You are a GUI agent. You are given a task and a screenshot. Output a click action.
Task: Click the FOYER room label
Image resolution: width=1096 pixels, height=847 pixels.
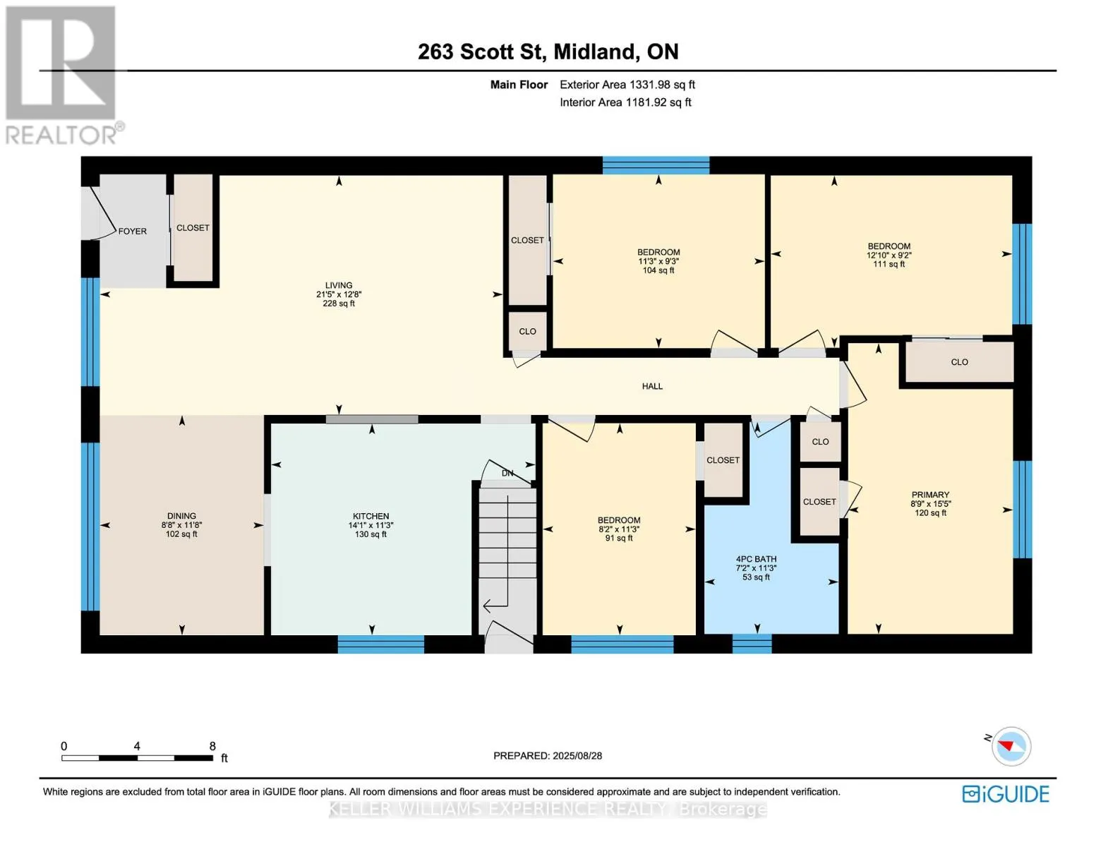pyautogui.click(x=132, y=232)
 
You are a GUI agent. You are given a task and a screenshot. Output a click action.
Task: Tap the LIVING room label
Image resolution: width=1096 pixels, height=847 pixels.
pyautogui.click(x=339, y=286)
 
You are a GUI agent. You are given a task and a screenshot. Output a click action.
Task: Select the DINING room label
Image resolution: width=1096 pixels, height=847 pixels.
pyautogui.click(x=181, y=516)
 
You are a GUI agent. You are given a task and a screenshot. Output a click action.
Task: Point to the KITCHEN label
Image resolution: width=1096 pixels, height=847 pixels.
pyautogui.click(x=371, y=516)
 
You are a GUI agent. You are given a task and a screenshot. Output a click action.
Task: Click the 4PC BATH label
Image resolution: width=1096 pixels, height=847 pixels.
pyautogui.click(x=756, y=559)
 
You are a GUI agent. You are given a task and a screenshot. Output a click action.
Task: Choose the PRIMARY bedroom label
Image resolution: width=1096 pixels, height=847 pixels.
pyautogui.click(x=930, y=495)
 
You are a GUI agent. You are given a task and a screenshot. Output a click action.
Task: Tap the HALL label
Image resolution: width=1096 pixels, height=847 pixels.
pyautogui.click(x=652, y=386)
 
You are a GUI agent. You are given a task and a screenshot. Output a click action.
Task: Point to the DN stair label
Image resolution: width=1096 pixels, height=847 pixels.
pyautogui.click(x=507, y=473)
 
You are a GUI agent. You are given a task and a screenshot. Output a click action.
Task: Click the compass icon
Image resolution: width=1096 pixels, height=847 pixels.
pyautogui.click(x=1011, y=747)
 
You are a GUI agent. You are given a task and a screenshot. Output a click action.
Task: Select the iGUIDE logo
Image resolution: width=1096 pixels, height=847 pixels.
pyautogui.click(x=1006, y=794)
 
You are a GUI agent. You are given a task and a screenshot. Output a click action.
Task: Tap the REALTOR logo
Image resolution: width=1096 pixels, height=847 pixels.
pyautogui.click(x=63, y=76)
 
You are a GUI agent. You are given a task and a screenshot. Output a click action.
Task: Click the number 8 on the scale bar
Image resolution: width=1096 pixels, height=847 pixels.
pyautogui.click(x=212, y=746)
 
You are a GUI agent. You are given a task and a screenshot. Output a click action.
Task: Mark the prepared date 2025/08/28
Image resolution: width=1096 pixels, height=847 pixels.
pyautogui.click(x=577, y=756)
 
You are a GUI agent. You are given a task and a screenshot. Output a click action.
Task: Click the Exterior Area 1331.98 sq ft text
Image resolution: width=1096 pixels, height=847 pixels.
pyautogui.click(x=627, y=85)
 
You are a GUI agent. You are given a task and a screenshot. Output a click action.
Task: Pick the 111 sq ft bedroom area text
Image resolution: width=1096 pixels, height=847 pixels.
pyautogui.click(x=889, y=265)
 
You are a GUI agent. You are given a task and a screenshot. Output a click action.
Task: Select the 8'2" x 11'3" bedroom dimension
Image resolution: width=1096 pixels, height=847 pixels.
pyautogui.click(x=619, y=529)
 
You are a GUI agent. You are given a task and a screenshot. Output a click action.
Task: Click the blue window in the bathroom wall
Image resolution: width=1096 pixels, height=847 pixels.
pyautogui.click(x=752, y=644)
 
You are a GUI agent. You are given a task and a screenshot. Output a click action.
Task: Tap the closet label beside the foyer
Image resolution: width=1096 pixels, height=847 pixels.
pyautogui.click(x=193, y=228)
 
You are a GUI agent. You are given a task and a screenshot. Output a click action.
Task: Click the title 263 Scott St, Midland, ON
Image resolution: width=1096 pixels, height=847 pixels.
pyautogui.click(x=548, y=52)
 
